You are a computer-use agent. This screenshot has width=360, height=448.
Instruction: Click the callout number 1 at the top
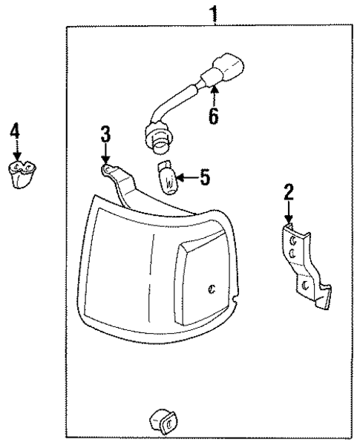click(x=215, y=13)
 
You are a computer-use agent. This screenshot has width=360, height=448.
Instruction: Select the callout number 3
click(x=105, y=136)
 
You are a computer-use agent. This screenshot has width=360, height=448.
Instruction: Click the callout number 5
click(x=205, y=178)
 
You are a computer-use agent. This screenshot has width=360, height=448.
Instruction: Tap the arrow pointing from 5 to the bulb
click(x=185, y=178)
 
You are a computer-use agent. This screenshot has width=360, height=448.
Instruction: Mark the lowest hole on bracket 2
click(x=304, y=286)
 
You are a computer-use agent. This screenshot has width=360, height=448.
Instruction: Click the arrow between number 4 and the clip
click(x=16, y=151)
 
